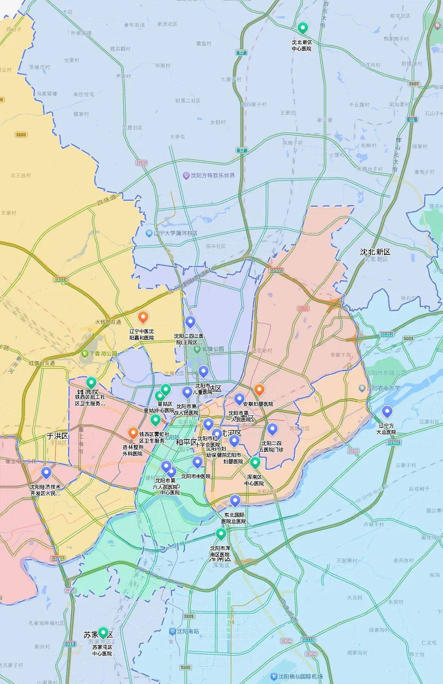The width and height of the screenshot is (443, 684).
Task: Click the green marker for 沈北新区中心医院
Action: pos(303,28)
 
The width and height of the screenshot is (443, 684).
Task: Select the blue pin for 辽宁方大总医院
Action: pos(387,411)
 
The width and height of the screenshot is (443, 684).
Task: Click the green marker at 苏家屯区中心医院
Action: pos(103,633)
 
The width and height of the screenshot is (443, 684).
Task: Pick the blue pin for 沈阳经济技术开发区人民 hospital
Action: pos(46,473)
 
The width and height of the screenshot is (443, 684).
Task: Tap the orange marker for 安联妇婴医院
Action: pos(259,390)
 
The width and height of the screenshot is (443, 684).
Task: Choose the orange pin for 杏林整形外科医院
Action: pos(133,432)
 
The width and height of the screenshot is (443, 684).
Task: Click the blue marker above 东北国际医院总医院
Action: pos(234,501)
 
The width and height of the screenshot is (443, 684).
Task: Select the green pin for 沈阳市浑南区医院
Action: pos(221,533)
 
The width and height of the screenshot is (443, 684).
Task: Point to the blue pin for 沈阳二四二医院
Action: pos(190,322)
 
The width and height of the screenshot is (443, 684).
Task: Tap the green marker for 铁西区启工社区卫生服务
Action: pos(91,382)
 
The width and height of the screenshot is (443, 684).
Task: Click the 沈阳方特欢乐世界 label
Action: pos(212,175)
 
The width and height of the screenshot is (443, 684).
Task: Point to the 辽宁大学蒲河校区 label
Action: pos(175,233)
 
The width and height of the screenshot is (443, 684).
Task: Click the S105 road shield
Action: pos(21,135)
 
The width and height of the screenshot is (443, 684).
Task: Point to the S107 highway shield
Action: pos(414,83)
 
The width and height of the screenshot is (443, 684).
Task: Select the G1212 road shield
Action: pos(387,334)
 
